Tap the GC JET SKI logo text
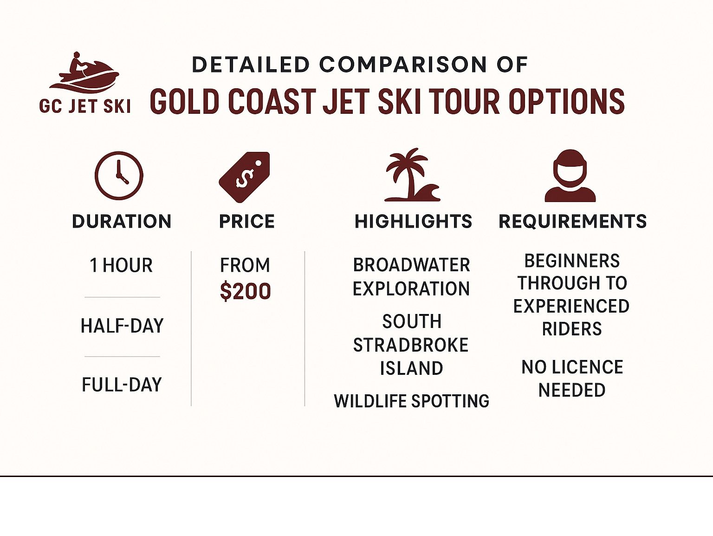click(x=85, y=106)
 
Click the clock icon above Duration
click(x=119, y=176)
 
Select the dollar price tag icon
click(x=245, y=177)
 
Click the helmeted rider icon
click(x=570, y=176)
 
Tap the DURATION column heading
click(x=122, y=222)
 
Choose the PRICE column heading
click(x=246, y=222)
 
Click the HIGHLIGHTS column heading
click(x=413, y=222)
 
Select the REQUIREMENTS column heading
click(x=572, y=222)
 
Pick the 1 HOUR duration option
click(x=121, y=266)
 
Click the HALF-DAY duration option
click(x=122, y=326)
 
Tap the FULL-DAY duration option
click(x=122, y=385)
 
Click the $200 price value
click(x=245, y=292)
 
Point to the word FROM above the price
click(x=245, y=265)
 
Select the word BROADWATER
click(x=411, y=265)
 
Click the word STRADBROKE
click(x=411, y=345)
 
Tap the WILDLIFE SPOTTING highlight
click(x=411, y=401)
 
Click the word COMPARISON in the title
click(x=403, y=65)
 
